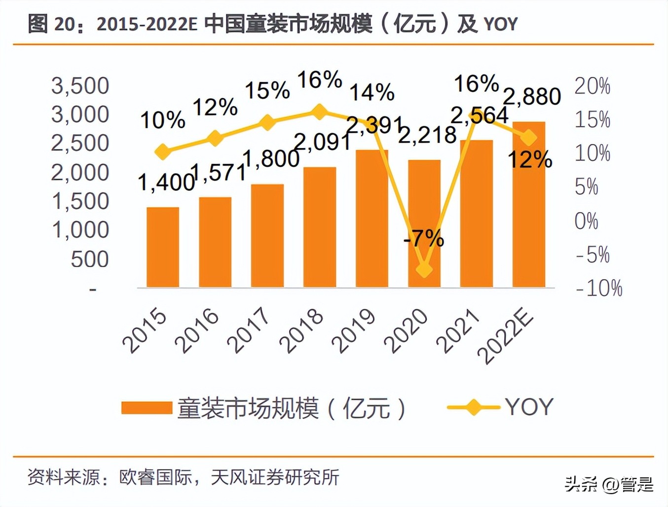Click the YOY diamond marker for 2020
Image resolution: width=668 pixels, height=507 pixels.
[x=424, y=269]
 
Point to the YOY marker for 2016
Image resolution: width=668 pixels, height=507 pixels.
[x=215, y=139]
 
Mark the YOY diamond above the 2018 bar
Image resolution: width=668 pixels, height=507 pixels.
[x=319, y=112]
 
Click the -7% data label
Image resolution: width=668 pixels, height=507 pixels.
[x=424, y=238]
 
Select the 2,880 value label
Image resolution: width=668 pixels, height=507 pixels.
[x=532, y=96]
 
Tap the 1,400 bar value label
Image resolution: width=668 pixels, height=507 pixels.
[x=166, y=182]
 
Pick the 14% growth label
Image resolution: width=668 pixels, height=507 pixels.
[x=372, y=92]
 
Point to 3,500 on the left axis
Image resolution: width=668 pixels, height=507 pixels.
[x=80, y=86]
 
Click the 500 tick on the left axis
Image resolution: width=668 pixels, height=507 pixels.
[x=89, y=259]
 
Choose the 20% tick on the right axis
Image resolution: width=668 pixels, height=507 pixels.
[x=593, y=86]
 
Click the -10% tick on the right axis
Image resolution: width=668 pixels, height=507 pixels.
[x=599, y=288]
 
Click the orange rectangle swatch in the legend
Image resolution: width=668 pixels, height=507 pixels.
[x=146, y=408]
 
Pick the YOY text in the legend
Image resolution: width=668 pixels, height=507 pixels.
[x=529, y=407]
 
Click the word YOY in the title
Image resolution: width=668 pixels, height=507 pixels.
[x=500, y=24]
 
